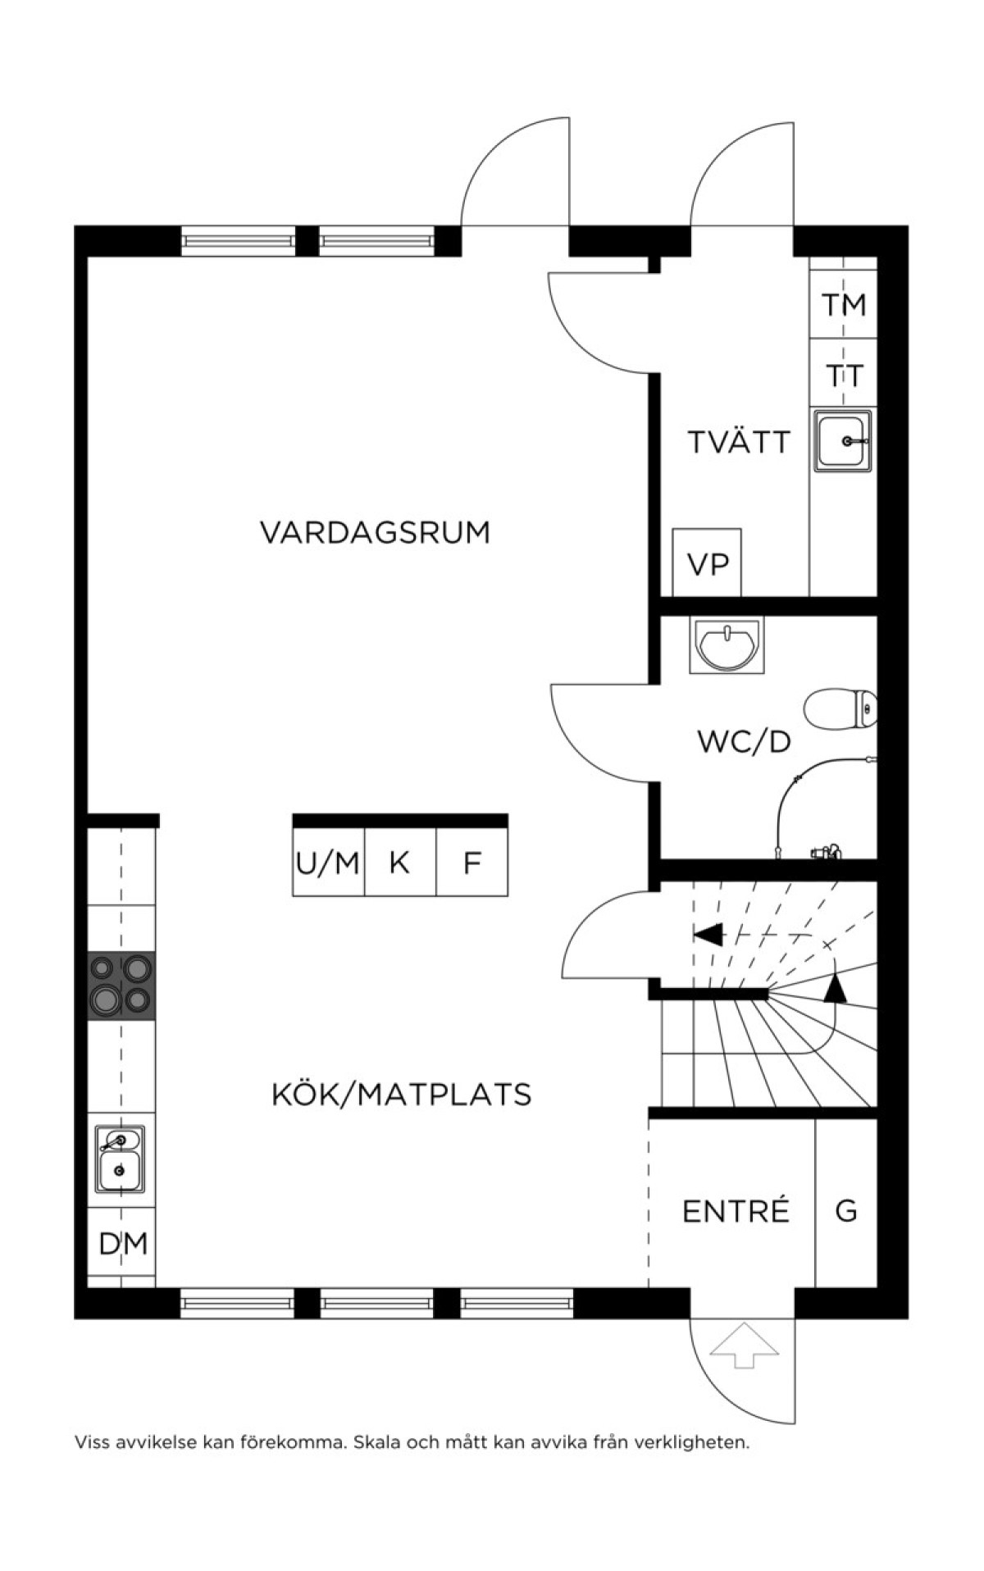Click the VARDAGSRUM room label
click(375, 532)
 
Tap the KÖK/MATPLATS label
click(401, 1094)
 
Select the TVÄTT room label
click(738, 442)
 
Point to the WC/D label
click(744, 742)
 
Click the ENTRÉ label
click(736, 1210)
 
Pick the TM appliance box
click(844, 304)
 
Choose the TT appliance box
click(844, 373)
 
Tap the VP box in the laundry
click(707, 562)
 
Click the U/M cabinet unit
click(328, 862)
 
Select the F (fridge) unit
click(471, 862)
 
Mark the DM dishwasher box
click(122, 1243)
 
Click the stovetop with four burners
click(122, 986)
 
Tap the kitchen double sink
click(121, 1159)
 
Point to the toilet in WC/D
click(841, 708)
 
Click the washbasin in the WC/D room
click(727, 645)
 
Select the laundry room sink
click(843, 440)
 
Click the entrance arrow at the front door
click(743, 1344)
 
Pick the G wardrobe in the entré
click(846, 1210)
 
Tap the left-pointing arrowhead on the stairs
click(708, 934)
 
